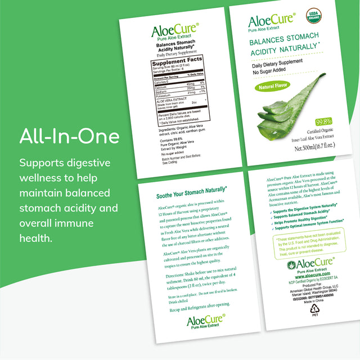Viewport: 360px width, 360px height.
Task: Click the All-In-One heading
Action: tap(69, 137)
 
